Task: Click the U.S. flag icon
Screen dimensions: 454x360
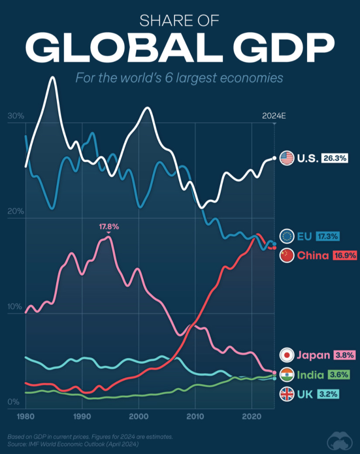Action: pyautogui.click(x=287, y=158)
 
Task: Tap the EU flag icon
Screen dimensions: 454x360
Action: pyautogui.click(x=287, y=236)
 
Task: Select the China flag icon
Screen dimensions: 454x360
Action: pyautogui.click(x=287, y=255)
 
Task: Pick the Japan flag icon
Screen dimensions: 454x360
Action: pyautogui.click(x=287, y=355)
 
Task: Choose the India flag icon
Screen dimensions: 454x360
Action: pyautogui.click(x=287, y=375)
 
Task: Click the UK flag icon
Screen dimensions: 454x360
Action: pyautogui.click(x=287, y=395)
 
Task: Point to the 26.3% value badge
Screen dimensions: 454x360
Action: pyautogui.click(x=335, y=158)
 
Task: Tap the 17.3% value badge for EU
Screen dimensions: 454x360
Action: pyautogui.click(x=328, y=237)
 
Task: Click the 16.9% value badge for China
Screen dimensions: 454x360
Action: pyautogui.click(x=345, y=255)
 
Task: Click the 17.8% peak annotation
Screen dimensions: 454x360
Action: pyautogui.click(x=109, y=227)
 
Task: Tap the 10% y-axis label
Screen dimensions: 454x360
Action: pyautogui.click(x=15, y=306)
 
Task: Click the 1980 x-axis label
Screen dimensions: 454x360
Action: pyautogui.click(x=25, y=416)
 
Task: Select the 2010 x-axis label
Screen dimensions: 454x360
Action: pyautogui.click(x=195, y=416)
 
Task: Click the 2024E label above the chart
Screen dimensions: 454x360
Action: pyautogui.click(x=274, y=116)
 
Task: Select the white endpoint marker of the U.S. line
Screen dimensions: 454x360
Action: pyautogui.click(x=274, y=158)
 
